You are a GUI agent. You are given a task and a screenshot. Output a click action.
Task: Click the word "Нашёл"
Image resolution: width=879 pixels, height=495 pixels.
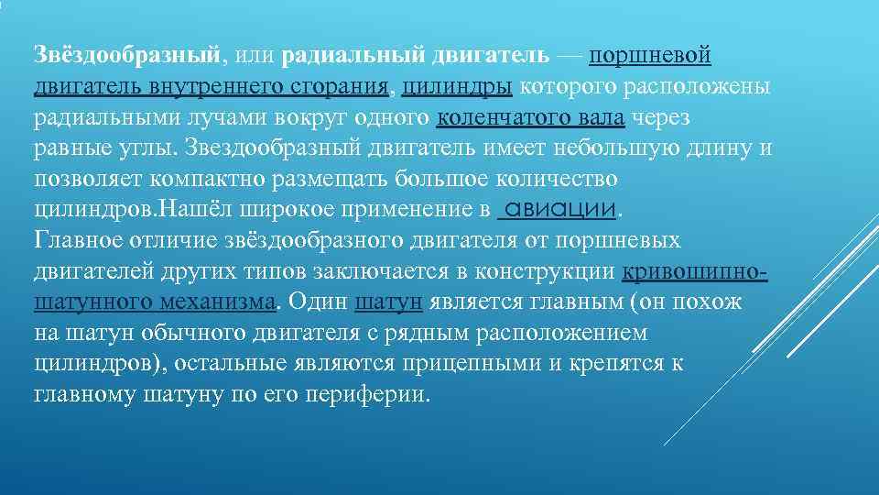pos(194,210)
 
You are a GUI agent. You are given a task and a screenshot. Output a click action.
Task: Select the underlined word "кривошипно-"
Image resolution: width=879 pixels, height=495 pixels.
pos(695,272)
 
